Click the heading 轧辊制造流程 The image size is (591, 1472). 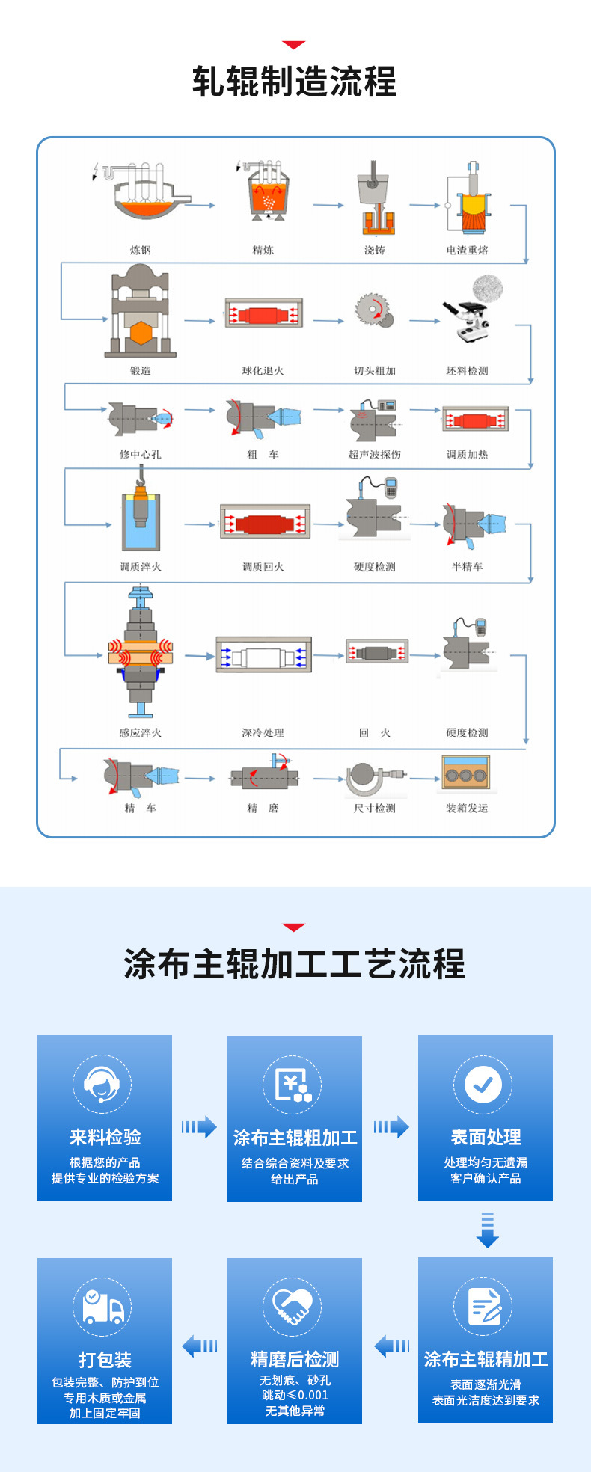tap(294, 82)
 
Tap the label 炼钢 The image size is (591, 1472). tap(140, 250)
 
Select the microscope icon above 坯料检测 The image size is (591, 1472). tap(467, 319)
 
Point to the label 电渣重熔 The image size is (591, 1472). tap(467, 250)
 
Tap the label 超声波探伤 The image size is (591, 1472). tap(374, 454)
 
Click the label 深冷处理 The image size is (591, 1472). tap(263, 732)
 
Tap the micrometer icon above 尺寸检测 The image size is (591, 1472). tap(374, 779)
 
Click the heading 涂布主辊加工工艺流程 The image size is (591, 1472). tap(294, 964)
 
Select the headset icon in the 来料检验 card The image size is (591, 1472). tap(102, 1085)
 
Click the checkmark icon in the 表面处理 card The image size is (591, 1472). tap(483, 1084)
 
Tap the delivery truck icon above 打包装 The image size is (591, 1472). tap(102, 1307)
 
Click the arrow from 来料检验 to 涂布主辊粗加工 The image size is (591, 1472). tap(199, 1126)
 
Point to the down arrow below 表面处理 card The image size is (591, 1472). tap(487, 1230)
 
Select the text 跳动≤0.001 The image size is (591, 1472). tap(295, 1395)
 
